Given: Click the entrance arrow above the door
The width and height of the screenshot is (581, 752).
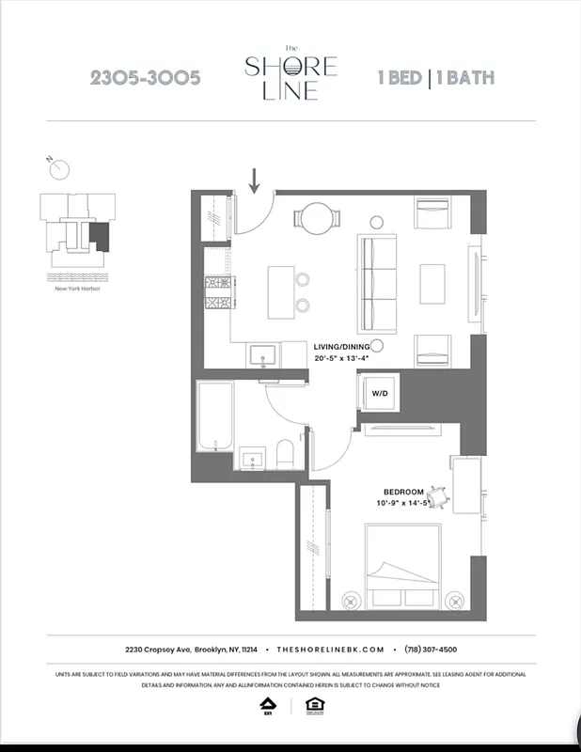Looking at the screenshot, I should tap(255, 179).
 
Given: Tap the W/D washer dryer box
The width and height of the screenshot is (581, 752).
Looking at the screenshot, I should tap(379, 393).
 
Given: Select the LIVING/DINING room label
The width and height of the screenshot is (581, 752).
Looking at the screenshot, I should tap(342, 346).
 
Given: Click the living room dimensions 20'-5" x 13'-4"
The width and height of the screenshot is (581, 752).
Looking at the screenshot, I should tap(342, 358).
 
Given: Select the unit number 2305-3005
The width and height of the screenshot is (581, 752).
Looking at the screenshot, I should tap(145, 78).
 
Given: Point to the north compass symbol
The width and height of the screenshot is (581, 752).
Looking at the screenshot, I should tap(59, 168).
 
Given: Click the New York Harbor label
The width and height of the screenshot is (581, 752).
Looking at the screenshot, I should tap(78, 289).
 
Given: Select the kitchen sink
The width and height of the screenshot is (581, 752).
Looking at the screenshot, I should tap(261, 355).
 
